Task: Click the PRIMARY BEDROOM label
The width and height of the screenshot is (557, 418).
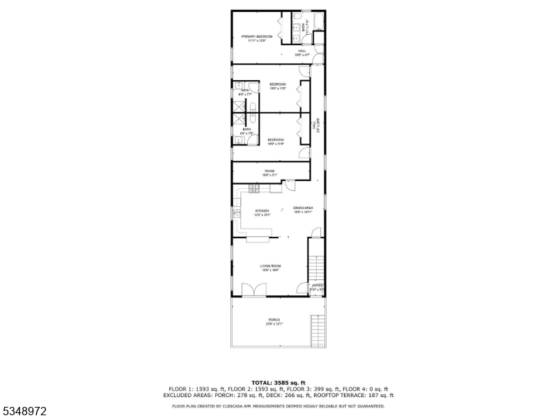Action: tap(257, 36)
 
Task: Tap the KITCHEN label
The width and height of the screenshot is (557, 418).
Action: tap(262, 210)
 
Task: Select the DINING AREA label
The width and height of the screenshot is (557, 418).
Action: tap(304, 208)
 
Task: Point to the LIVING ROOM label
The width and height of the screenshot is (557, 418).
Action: tap(270, 266)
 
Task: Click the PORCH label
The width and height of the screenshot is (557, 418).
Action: tap(274, 320)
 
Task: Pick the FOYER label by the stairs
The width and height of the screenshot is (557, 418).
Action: tap(316, 285)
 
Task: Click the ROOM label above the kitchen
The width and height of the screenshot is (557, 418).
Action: tap(269, 171)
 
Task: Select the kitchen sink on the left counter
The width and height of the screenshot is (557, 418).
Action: tap(237, 214)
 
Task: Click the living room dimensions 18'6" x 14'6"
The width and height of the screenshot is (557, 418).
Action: tap(270, 270)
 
